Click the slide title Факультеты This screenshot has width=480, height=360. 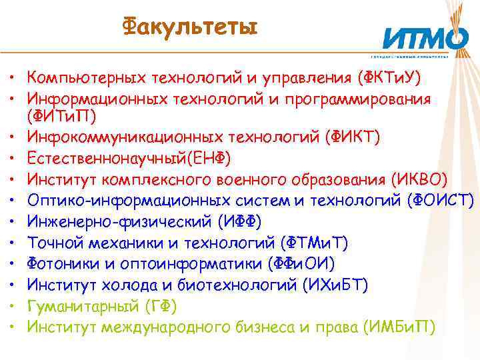tap(189, 27)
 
